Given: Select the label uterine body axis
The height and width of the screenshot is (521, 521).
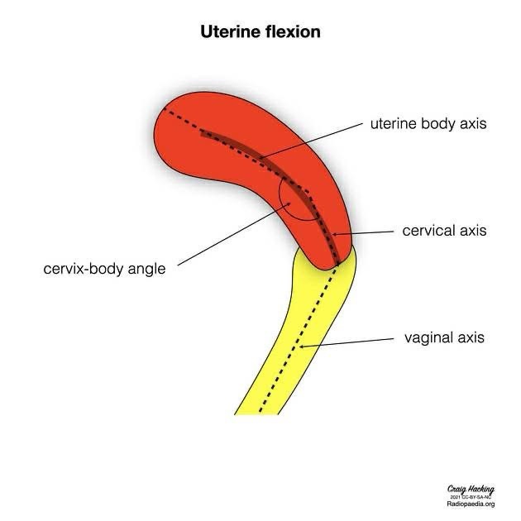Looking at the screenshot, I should point(428,124).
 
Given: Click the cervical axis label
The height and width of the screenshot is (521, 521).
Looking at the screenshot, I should point(445,231).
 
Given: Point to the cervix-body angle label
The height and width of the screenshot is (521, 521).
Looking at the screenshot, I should point(104,269).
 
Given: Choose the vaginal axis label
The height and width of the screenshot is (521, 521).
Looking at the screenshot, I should point(444,337).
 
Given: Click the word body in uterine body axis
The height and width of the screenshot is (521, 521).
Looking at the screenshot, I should point(434,124).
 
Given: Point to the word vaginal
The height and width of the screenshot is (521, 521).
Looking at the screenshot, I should point(428,337).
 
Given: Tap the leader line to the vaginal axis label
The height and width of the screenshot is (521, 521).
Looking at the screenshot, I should point(347,342).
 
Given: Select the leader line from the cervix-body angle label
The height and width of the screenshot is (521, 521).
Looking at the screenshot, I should point(232,239).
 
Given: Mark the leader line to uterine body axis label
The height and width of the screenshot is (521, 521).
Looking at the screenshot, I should point(314,141).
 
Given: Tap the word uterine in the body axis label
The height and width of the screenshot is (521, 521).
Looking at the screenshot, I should point(393,124).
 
